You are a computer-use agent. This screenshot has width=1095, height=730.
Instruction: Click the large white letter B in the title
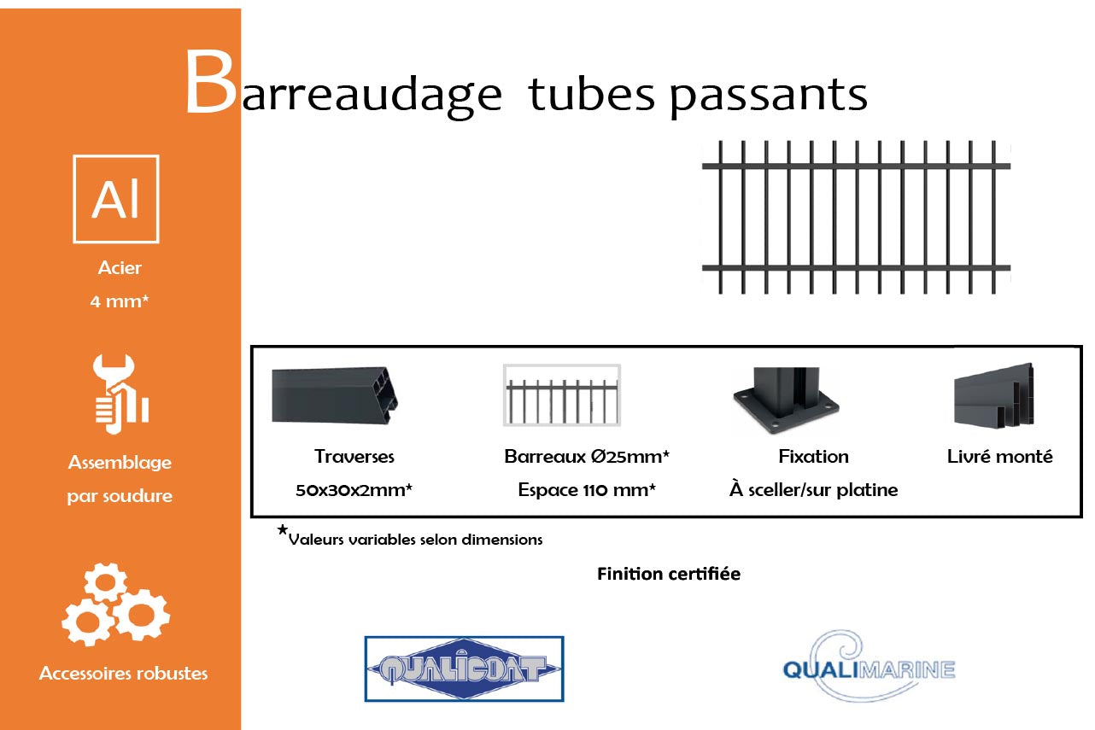[x=210, y=82]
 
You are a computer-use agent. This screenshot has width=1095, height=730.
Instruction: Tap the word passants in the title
[x=768, y=96]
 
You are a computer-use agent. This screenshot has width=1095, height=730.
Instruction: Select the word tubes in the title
[x=592, y=92]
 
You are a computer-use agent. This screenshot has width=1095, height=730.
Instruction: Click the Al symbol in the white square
[x=116, y=199]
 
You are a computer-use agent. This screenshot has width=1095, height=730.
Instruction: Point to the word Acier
[x=120, y=268]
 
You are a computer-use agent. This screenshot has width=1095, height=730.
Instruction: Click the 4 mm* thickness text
[x=120, y=301]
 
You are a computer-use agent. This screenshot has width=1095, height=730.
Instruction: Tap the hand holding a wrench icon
[x=120, y=394]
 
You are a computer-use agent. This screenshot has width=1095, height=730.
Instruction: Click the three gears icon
[x=116, y=604]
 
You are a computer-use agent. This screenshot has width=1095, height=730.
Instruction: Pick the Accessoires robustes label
[x=123, y=674]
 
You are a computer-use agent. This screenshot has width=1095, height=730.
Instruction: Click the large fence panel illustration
[x=856, y=218]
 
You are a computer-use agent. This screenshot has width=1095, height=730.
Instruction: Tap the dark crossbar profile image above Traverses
[x=335, y=395]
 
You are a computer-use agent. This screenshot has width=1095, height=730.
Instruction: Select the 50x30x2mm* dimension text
[x=354, y=489]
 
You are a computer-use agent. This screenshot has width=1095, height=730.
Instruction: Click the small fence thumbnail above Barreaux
[x=562, y=394]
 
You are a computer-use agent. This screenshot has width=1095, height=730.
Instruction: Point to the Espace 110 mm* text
[x=587, y=489]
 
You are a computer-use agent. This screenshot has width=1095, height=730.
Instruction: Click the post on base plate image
[x=786, y=400]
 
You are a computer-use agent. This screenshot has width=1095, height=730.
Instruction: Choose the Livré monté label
[x=999, y=457]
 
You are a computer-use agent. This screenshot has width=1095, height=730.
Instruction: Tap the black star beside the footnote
[x=282, y=529]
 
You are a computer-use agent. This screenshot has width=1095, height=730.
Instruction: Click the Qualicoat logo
[x=464, y=669]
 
